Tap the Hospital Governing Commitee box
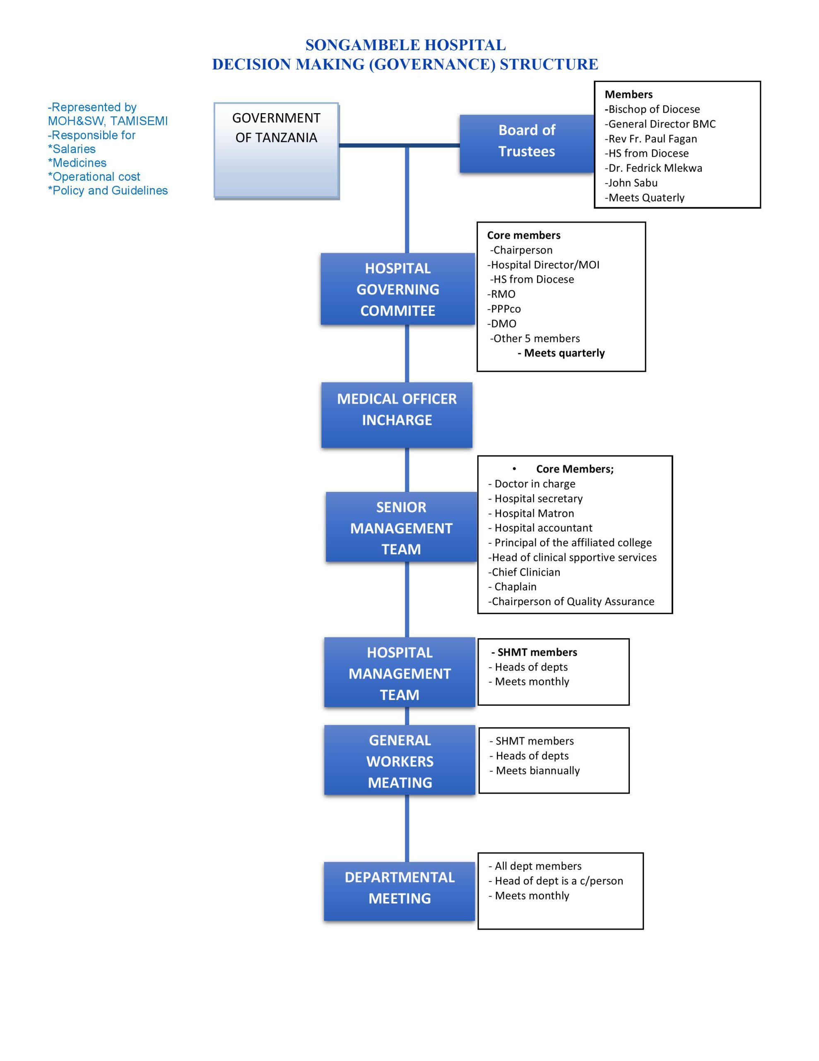pos(397,289)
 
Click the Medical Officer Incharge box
pos(396,414)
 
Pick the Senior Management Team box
pos(401,527)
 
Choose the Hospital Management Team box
pos(399,673)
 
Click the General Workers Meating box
pos(399,761)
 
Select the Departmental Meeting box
pos(399,891)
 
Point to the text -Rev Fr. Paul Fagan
pos(650,139)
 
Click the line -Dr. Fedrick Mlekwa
pos(653,168)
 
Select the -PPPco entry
pos(504,309)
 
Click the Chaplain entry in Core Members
pos(515,587)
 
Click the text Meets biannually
pos(537,771)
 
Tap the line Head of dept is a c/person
pos(558,881)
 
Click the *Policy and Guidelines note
pos(108,190)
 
